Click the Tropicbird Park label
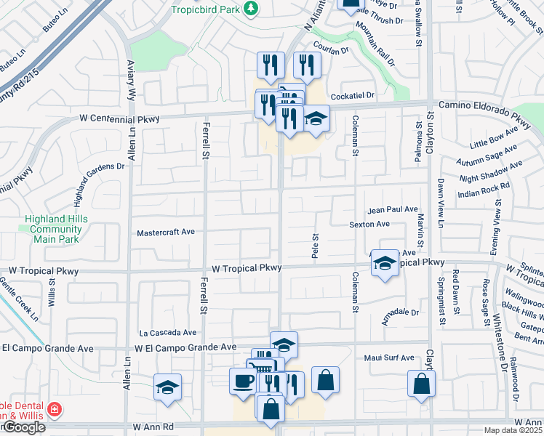(x=205, y=9)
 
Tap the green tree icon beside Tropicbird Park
(x=251, y=8)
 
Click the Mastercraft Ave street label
(x=166, y=233)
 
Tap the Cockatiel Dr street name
(x=351, y=95)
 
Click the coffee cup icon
(x=243, y=380)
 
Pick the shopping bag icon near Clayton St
(x=421, y=383)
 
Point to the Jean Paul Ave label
(x=392, y=209)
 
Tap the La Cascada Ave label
(x=168, y=332)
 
